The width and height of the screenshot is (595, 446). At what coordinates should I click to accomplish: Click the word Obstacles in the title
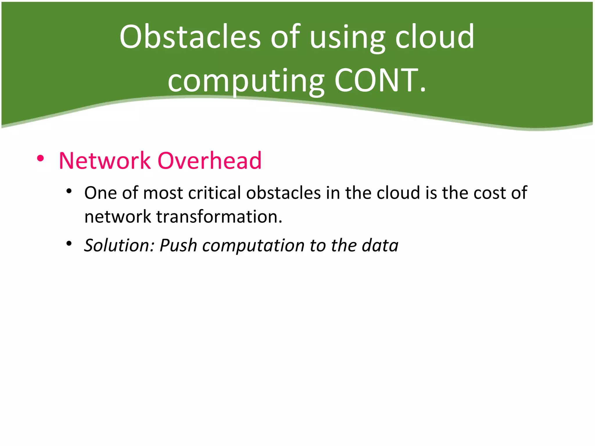[190, 37]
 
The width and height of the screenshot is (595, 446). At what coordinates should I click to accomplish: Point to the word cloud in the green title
[435, 37]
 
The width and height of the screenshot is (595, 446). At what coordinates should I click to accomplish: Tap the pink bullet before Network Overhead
[40, 159]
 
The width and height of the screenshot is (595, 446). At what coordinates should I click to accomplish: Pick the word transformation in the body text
[219, 217]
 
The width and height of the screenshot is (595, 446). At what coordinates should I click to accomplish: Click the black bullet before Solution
[69, 243]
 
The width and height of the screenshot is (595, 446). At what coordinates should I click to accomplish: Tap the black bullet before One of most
[69, 191]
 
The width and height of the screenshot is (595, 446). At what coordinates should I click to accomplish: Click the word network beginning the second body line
[118, 217]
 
